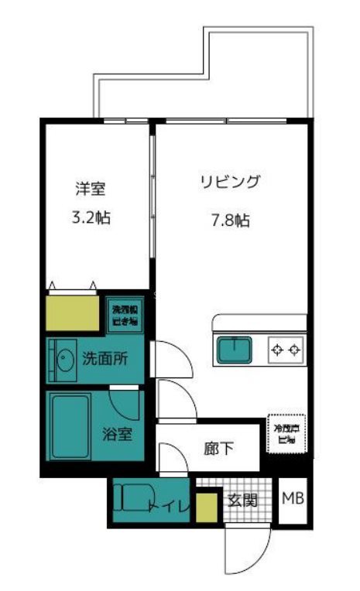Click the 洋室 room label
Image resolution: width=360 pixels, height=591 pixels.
coord(90,188)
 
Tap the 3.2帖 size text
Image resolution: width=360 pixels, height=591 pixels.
coord(90,217)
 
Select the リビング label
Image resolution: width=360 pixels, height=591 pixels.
coord(230,183)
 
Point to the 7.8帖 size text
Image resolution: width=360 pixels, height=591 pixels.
coord(230,220)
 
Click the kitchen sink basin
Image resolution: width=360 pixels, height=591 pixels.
coord(235,350)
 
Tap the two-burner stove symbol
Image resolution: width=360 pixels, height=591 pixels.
coord(284,350)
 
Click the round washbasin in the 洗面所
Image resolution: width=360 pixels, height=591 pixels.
coord(63,359)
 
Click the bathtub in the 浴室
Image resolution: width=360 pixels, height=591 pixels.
coord(69,427)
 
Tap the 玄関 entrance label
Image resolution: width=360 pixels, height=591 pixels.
coord(241,500)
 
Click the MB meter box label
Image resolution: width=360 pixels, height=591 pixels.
coord(292,500)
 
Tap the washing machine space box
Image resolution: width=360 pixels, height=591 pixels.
coord(124,315)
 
